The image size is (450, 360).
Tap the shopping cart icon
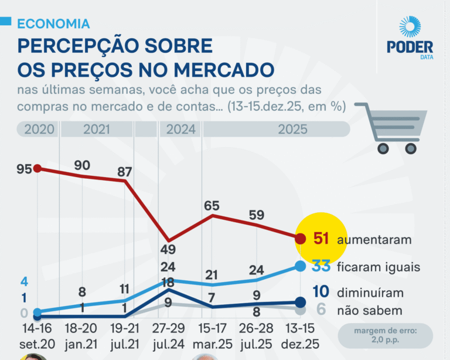[x=392, y=128]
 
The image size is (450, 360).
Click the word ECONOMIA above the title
[x=53, y=23]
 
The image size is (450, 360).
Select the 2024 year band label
[x=180, y=130]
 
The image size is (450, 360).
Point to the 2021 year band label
[x=97, y=130]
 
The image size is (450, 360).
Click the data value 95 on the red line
[x=24, y=169]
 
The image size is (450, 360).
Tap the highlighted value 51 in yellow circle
[x=321, y=239]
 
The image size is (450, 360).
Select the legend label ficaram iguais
[x=378, y=267]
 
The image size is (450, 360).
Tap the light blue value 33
[x=321, y=266]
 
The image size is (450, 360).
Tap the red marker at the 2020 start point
[x=37, y=168]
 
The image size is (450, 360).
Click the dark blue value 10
[x=321, y=292]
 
